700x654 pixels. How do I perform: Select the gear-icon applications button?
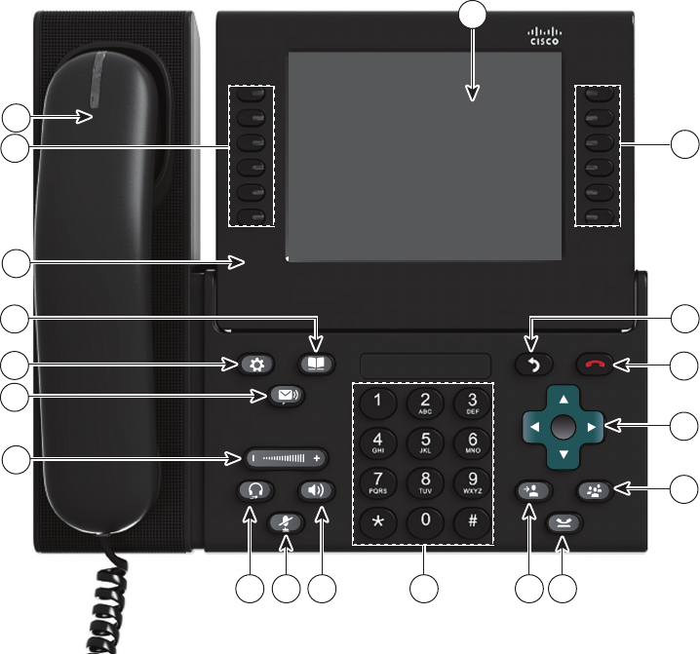tap(256, 365)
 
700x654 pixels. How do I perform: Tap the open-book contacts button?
tap(317, 365)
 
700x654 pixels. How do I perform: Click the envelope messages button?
tap(287, 396)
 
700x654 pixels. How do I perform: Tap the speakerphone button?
tap(317, 490)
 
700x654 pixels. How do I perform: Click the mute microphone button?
tap(287, 521)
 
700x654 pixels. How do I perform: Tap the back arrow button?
tap(533, 365)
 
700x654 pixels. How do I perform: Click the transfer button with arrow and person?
tap(533, 490)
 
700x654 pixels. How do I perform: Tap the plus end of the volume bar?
tap(316, 456)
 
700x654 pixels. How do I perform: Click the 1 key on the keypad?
tap(378, 401)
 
